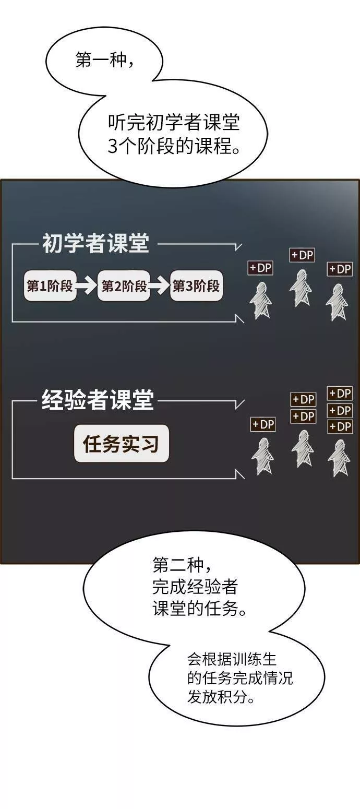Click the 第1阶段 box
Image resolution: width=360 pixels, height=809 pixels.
(50, 285)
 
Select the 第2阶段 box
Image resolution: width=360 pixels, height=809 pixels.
(124, 285)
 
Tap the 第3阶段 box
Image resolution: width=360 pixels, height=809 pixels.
(196, 285)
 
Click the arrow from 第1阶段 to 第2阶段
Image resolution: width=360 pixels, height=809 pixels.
(87, 285)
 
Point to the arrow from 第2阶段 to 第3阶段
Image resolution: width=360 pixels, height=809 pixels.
(160, 285)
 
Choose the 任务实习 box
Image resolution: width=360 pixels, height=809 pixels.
(122, 444)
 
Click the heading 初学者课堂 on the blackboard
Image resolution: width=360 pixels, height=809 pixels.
(95, 244)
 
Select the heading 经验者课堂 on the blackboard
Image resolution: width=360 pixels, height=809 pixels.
(98, 401)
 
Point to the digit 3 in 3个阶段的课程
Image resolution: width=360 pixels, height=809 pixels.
(113, 147)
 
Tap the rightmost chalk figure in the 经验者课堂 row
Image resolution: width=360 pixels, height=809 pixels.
(339, 458)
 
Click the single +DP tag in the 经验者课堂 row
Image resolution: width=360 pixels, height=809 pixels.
(263, 425)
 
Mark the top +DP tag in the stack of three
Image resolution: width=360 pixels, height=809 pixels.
(340, 393)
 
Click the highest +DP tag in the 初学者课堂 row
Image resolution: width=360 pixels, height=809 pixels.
(302, 255)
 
